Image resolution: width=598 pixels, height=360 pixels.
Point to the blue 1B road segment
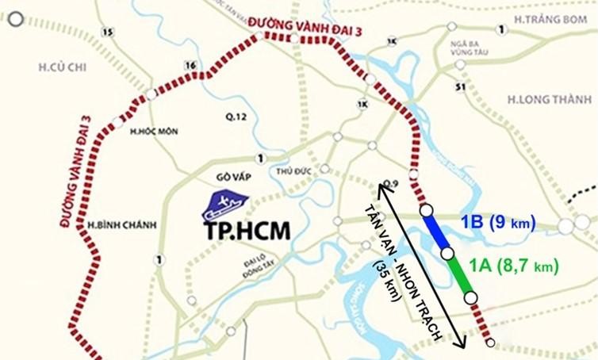[x=436, y=232]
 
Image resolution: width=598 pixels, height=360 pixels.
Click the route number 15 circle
[x=108, y=31]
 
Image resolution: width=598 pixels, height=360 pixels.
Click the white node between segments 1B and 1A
[x=447, y=253]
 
